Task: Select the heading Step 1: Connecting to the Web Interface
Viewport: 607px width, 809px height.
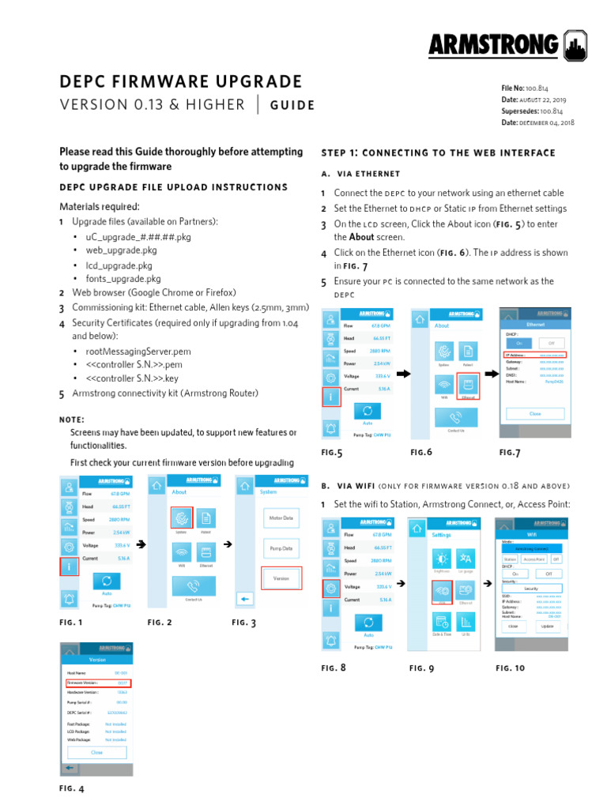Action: (x=438, y=152)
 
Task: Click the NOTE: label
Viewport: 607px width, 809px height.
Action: (x=72, y=420)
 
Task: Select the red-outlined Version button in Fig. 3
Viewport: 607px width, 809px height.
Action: (x=281, y=578)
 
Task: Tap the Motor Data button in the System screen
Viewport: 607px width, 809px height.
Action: (x=281, y=518)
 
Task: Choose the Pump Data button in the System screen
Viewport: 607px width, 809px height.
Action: (x=281, y=547)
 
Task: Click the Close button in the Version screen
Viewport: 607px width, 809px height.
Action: (x=96, y=752)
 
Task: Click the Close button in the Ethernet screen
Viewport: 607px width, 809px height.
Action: (x=535, y=413)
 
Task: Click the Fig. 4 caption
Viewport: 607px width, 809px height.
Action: (x=71, y=788)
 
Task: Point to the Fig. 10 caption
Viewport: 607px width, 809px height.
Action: (x=510, y=668)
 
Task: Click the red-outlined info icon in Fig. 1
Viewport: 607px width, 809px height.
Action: (x=70, y=566)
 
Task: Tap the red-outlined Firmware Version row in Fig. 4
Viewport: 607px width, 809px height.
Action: (x=96, y=682)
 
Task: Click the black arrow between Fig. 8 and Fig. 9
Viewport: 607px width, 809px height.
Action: (x=400, y=583)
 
